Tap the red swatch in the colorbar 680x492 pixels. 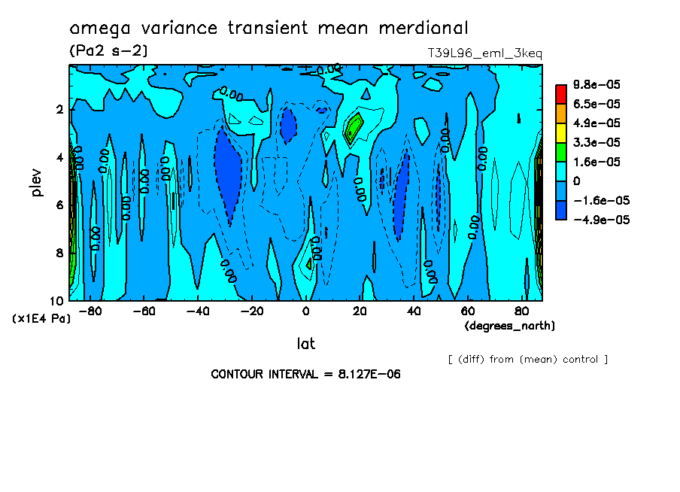[x=560, y=93]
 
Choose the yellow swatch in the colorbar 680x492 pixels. [x=560, y=132]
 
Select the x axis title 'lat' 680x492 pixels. [x=305, y=344]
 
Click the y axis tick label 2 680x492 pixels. [x=59, y=109]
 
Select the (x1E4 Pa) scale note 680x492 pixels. [x=42, y=319]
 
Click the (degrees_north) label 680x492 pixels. [x=510, y=326]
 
